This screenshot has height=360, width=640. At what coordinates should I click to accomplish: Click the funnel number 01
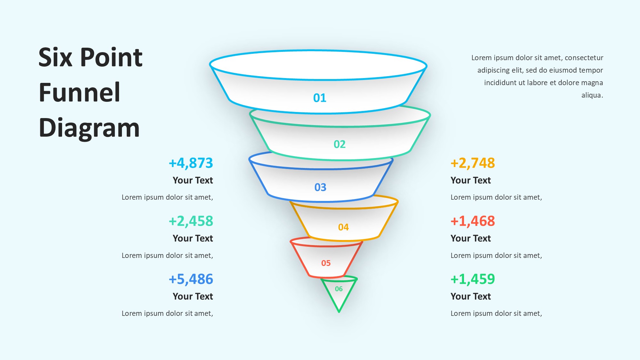(320, 98)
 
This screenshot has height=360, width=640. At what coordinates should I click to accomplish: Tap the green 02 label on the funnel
(340, 144)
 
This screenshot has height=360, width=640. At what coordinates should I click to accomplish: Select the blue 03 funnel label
(320, 187)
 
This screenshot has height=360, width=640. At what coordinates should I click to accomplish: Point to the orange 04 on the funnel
(343, 227)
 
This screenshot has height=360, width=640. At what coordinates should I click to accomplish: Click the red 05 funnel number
(326, 263)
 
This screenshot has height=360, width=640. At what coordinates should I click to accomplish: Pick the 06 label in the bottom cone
(339, 289)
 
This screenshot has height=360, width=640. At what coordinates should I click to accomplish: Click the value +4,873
(191, 163)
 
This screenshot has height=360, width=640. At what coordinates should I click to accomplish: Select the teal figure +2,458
(191, 221)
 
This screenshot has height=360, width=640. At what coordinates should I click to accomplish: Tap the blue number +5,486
(191, 279)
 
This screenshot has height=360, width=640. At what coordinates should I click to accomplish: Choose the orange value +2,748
(473, 163)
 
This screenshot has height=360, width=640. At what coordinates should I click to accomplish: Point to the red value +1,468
(473, 221)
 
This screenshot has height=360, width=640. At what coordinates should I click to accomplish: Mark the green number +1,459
(473, 279)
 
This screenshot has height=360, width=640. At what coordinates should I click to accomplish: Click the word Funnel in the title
(79, 92)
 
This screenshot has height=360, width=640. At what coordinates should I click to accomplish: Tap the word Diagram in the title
(89, 128)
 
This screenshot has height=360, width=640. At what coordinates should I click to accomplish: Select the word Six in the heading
(55, 58)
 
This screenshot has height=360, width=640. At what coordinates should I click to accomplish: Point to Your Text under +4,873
(193, 180)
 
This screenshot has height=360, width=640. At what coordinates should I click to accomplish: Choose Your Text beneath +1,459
(470, 297)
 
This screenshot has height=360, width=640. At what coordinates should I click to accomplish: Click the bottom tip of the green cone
(339, 312)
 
